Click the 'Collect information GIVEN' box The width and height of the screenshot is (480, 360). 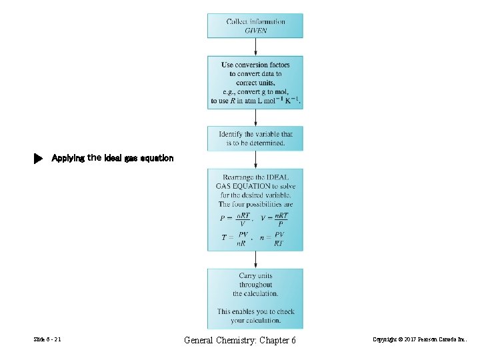255,25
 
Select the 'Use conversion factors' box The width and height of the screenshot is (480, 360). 255,82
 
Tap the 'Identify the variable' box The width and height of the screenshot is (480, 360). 255,138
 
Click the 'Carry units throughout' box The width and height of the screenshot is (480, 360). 255,298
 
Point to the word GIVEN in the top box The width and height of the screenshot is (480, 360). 255,31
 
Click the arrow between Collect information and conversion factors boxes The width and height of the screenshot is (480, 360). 255,47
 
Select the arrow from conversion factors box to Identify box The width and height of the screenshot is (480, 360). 255,117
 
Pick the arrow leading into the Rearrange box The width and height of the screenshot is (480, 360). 255,160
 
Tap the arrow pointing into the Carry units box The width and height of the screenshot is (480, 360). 255,260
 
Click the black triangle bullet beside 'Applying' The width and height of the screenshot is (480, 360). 38,159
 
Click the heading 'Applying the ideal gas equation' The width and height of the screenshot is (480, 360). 112,159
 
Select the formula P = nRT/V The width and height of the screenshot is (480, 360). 235,219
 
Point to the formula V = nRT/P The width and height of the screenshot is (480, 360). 275,219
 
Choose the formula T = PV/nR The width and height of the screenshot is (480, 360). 235,239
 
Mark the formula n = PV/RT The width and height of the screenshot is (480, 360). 274,239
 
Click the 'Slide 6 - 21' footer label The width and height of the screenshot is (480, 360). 47,341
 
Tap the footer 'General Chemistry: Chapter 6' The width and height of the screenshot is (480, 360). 239,341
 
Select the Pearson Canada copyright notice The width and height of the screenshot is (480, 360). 425,341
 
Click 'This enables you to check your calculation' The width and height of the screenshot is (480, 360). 255,316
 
